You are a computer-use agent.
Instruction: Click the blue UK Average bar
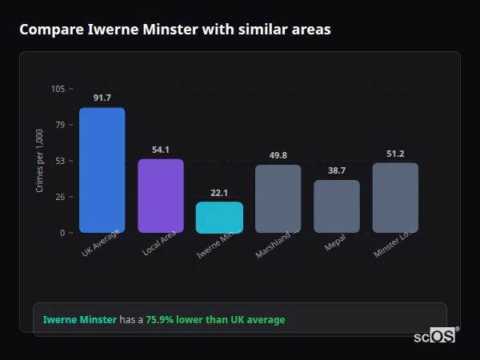[x=102, y=170]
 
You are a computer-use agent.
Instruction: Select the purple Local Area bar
[x=161, y=196]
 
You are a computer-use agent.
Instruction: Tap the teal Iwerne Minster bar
[x=219, y=218]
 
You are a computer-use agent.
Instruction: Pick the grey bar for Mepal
[x=337, y=206]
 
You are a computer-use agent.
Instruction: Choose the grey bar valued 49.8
[x=278, y=198]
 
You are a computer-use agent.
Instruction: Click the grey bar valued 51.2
[x=395, y=198]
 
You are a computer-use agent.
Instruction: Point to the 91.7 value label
[x=102, y=98]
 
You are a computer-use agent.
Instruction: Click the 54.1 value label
[x=161, y=150]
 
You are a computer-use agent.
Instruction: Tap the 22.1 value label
[x=219, y=193]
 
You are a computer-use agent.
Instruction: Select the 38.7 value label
[x=337, y=170]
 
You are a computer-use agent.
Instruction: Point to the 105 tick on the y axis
[x=58, y=89]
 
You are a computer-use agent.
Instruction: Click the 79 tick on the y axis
[x=60, y=125]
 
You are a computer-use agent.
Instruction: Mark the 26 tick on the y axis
[x=60, y=197]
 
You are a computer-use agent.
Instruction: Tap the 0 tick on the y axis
[x=62, y=233]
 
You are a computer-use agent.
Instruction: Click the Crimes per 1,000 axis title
[x=40, y=161]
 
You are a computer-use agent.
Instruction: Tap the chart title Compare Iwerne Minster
[x=174, y=30]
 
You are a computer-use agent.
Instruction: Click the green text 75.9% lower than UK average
[x=215, y=320]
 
